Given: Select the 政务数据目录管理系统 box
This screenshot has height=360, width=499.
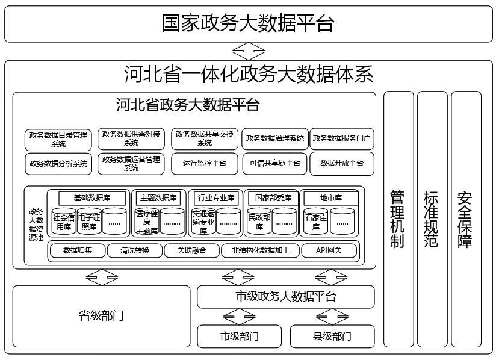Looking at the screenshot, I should (x=58, y=139).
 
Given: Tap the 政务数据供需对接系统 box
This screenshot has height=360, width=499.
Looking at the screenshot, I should (x=131, y=139).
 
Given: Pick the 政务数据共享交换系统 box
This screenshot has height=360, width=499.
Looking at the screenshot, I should (x=205, y=139).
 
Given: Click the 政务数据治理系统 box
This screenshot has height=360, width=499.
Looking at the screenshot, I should (x=275, y=139).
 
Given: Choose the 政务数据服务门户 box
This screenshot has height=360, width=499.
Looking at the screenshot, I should (x=341, y=139).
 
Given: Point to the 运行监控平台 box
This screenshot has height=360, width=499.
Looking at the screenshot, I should (x=205, y=163).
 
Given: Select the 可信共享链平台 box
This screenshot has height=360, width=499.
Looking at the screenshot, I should (x=275, y=163).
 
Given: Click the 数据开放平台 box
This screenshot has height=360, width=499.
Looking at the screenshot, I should (x=341, y=163).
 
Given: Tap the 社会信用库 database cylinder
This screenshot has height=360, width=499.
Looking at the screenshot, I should (x=64, y=222).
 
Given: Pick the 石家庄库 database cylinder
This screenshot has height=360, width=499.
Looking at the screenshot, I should (x=316, y=222).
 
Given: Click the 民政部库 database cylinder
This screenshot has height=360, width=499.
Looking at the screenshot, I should (x=259, y=222).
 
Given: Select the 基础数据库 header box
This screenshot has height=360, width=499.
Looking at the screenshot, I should (x=93, y=197).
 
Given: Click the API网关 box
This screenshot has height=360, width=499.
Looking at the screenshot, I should (x=329, y=250).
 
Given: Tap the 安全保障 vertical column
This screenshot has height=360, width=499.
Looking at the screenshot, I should (x=465, y=220).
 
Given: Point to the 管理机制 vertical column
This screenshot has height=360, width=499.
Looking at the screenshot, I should (x=398, y=220).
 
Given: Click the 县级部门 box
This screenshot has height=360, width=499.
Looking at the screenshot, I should (x=332, y=336).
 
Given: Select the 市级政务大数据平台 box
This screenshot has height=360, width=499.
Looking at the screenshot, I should (x=285, y=297).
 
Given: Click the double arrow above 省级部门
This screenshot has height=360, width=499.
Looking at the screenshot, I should (x=102, y=278).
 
